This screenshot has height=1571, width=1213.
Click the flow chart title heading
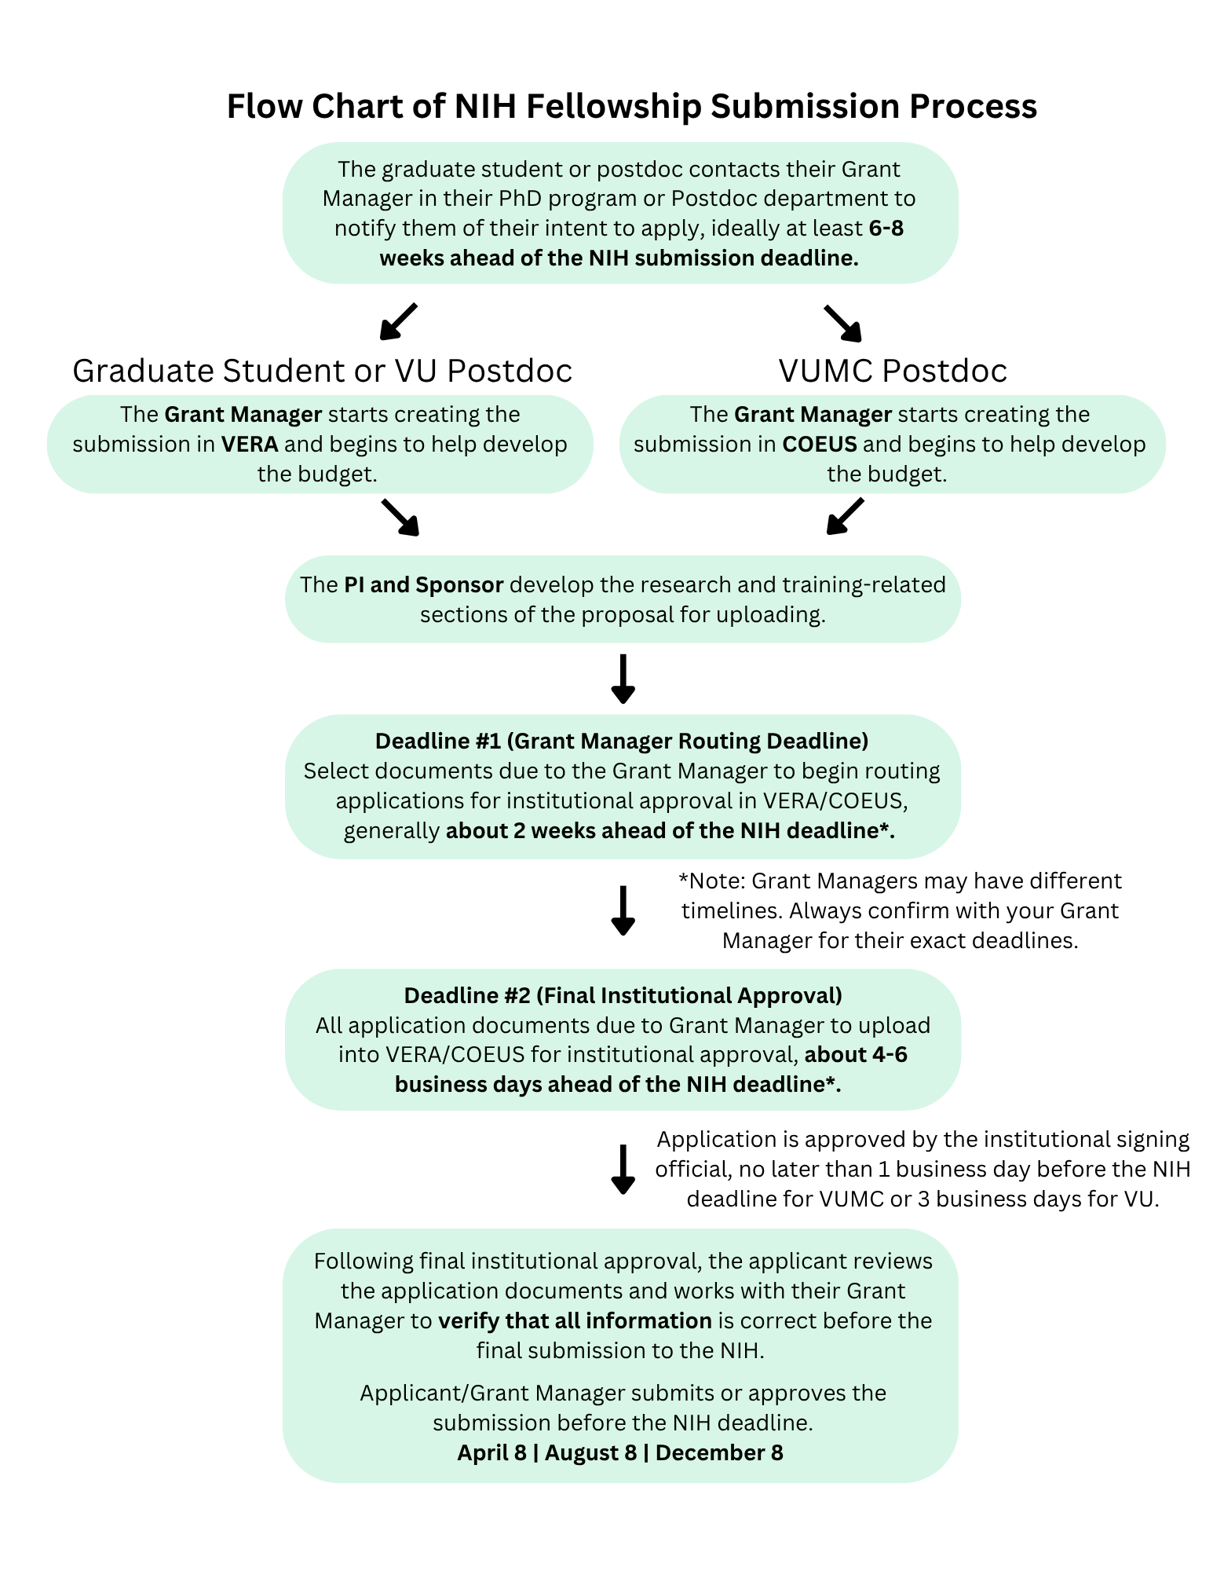631,106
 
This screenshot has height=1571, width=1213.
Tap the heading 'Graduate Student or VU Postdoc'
322,371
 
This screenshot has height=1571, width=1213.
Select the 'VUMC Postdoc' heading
892,371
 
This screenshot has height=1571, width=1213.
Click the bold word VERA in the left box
250,445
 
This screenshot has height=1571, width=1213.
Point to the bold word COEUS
820,445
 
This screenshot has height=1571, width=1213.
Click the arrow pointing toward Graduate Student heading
398,321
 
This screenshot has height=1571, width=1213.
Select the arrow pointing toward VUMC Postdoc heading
843,323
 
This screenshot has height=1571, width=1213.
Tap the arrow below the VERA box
400,517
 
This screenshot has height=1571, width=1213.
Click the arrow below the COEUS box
845,516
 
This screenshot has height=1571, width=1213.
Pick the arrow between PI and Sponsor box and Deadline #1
623,679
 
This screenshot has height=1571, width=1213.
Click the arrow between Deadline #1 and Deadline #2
623,910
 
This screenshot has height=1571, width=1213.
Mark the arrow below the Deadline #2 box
623,1169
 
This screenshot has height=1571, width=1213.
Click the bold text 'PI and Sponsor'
423,585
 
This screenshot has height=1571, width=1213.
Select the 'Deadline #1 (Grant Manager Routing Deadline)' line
622,741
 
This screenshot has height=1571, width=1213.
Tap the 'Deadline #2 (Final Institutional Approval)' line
623,995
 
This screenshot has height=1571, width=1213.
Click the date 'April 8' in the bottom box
491,1453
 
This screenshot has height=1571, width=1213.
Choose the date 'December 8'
719,1453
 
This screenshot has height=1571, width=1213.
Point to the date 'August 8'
590,1453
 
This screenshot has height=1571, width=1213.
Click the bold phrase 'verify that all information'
575,1321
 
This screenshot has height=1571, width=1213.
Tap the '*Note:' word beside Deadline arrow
711,881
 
